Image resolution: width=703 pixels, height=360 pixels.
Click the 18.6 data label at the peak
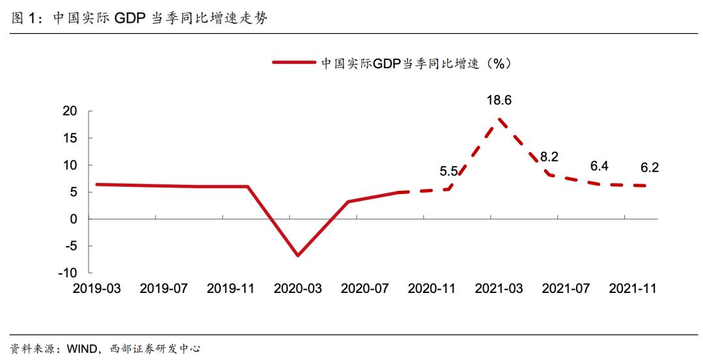499,100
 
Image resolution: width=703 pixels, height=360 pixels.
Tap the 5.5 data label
449,172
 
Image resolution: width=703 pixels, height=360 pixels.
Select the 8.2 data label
549,156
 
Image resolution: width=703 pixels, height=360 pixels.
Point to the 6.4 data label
599,167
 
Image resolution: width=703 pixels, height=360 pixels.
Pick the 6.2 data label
650,168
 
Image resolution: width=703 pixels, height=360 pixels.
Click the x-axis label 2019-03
96,288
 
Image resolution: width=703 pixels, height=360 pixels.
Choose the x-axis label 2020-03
298,288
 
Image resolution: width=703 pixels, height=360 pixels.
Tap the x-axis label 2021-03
499,288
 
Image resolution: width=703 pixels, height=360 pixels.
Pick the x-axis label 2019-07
163,288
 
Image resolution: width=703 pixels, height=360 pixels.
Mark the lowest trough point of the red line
298,255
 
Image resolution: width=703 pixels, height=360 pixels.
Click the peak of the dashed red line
499,119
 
